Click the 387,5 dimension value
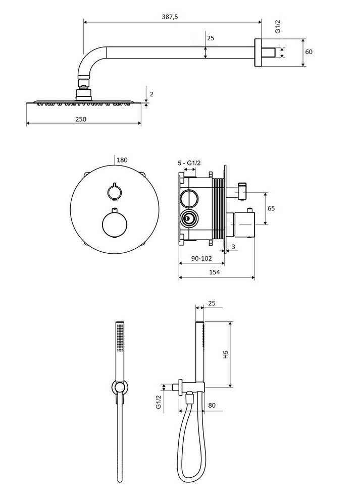point(170,17)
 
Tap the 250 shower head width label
point(81,119)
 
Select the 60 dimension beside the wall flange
point(308,52)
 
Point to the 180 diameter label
point(122,160)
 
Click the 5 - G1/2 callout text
point(189,163)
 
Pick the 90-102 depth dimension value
point(202,258)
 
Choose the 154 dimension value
point(214,272)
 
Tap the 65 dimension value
point(271,208)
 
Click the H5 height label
point(226,355)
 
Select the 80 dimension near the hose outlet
point(212,405)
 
